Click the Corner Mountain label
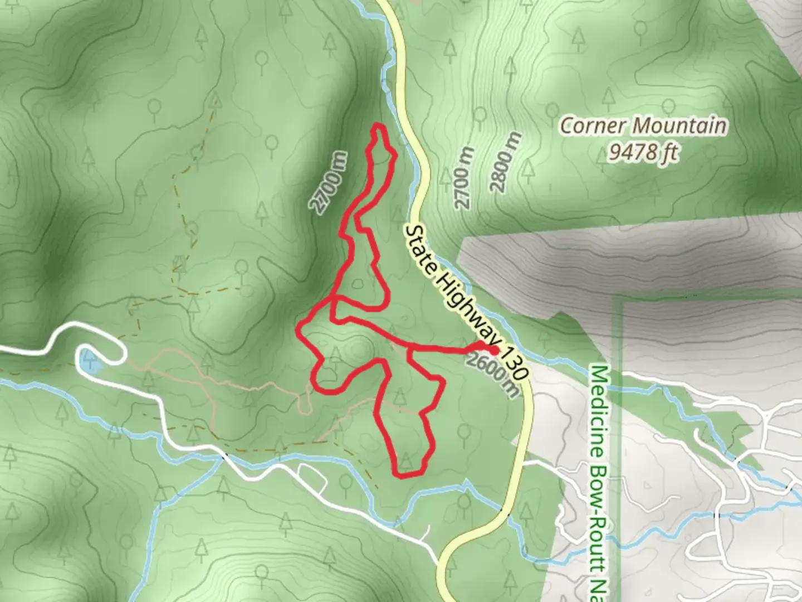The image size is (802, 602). [643, 125]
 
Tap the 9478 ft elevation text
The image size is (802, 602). [643, 151]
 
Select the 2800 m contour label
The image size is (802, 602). [507, 162]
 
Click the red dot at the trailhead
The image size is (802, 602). [493, 350]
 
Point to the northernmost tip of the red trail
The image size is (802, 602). [379, 124]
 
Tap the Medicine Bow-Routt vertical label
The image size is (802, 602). [601, 479]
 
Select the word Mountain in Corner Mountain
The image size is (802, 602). [679, 125]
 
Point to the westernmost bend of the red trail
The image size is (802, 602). [298, 329]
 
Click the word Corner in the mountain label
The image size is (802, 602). [592, 125]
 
